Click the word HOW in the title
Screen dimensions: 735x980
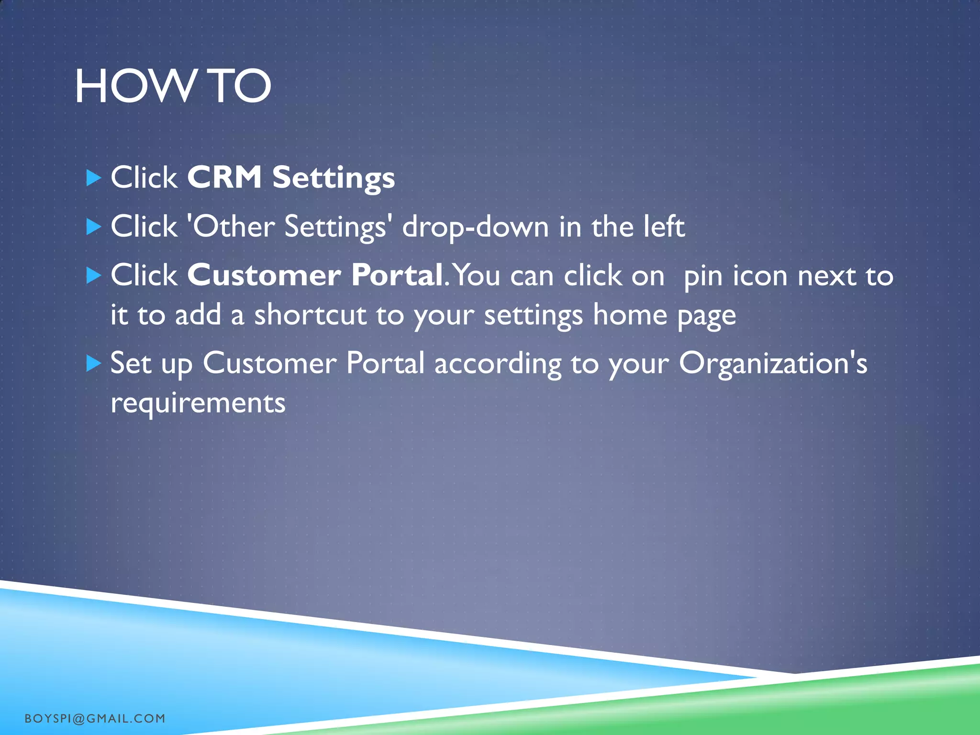(x=134, y=87)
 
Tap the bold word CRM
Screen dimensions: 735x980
(x=224, y=178)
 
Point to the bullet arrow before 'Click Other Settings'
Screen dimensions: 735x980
(x=94, y=227)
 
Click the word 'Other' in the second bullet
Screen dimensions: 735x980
(x=233, y=226)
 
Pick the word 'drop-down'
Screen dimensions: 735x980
(x=475, y=226)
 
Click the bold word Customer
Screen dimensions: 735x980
(x=264, y=276)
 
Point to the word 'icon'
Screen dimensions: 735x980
(x=760, y=276)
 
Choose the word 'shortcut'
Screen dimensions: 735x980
(x=310, y=315)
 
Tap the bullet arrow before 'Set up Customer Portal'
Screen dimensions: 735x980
(x=94, y=364)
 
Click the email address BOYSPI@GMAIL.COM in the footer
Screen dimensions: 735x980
(x=95, y=718)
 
